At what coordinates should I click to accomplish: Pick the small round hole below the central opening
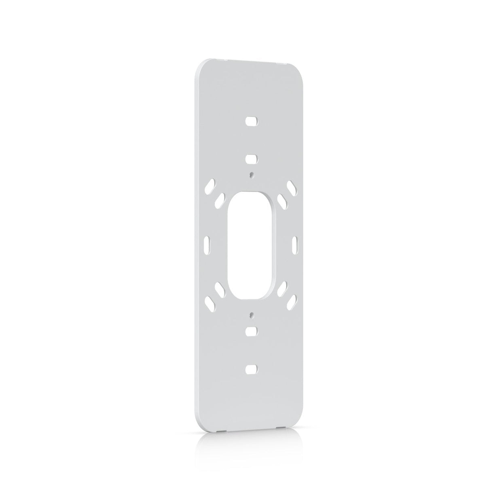coord(252,314)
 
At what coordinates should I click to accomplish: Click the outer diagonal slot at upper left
coord(210,187)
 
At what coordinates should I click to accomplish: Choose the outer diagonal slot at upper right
coord(291,187)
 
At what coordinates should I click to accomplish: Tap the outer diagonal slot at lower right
coord(292,300)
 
